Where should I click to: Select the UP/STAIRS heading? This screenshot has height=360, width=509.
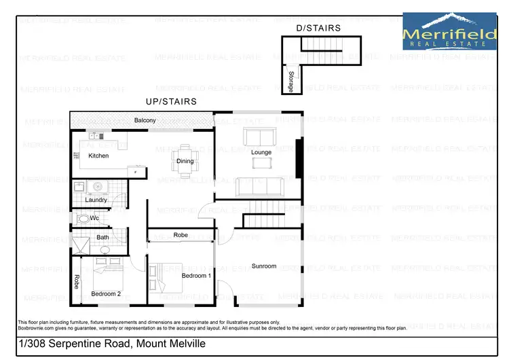click(x=171, y=101)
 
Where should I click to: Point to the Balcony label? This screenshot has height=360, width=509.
click(x=145, y=120)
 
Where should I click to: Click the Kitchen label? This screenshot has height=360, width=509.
click(x=98, y=156)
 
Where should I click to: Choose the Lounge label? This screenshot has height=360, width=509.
click(x=261, y=152)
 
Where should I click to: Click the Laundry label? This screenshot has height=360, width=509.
click(x=96, y=200)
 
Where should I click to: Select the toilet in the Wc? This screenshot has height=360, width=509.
click(x=83, y=219)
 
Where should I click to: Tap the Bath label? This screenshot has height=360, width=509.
click(x=102, y=237)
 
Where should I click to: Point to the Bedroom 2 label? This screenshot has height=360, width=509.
click(x=106, y=293)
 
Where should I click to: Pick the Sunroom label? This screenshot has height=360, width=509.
click(x=264, y=266)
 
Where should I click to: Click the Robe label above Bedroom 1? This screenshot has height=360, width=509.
click(x=181, y=235)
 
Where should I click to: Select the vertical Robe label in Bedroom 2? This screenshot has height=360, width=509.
click(x=76, y=281)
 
